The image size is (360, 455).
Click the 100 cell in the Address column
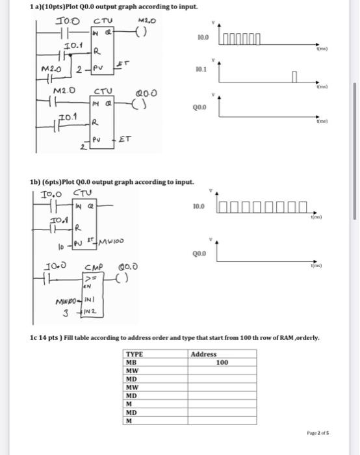pyautogui.click(x=222, y=362)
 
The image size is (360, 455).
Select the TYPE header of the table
pyautogui.click(x=135, y=354)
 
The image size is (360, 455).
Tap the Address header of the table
pyautogui.click(x=204, y=354)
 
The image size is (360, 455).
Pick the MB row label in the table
pyautogui.click(x=132, y=362)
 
